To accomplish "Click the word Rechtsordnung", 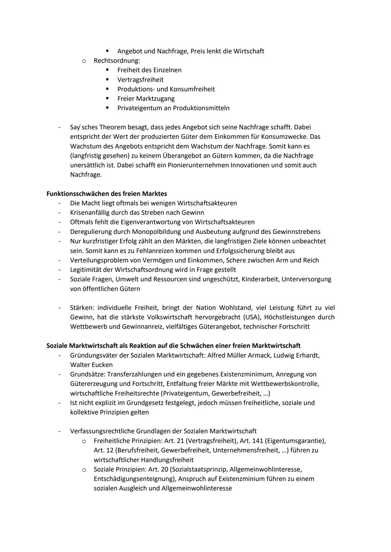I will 117,61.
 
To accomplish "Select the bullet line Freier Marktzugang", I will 146,98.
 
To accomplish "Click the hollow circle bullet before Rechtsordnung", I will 84,61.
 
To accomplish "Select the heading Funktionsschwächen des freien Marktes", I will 106,193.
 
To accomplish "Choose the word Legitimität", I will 88,270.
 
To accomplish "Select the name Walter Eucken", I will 91,365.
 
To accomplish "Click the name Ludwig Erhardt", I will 296,355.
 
